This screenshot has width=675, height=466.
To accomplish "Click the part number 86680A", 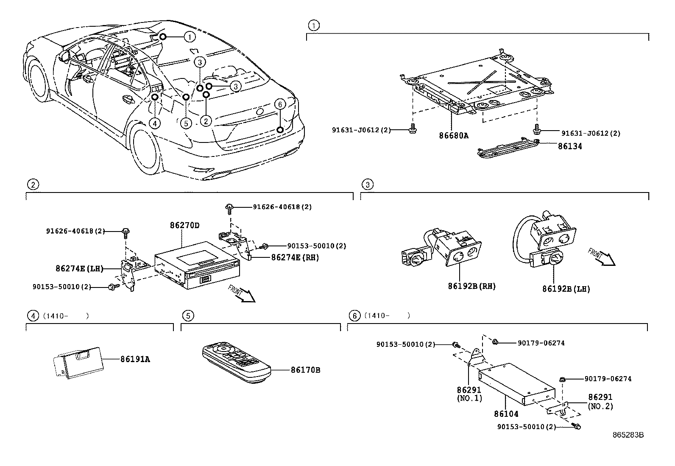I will coord(453,136).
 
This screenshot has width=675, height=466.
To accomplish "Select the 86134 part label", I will coord(569,146).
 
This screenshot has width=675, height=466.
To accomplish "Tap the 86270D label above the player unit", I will coord(184,225).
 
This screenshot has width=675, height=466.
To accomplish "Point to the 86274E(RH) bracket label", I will coord(295,257).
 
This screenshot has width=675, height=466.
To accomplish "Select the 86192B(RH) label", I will coord(471,286).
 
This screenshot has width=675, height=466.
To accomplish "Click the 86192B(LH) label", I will coord(566,289).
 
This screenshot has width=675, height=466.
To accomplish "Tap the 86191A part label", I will coord(135,360).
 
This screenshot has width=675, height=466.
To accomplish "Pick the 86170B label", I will coord(305,370).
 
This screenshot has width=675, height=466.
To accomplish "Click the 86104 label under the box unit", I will coord(506,413).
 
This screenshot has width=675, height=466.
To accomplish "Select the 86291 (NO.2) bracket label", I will coord(600,402).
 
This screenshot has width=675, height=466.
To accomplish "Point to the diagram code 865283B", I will coord(628,435).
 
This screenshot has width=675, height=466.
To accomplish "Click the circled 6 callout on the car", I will coord(280,104).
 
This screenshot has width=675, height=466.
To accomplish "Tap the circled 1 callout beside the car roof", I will coord(190,37).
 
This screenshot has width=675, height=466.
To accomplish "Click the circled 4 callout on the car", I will coord(155,123).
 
